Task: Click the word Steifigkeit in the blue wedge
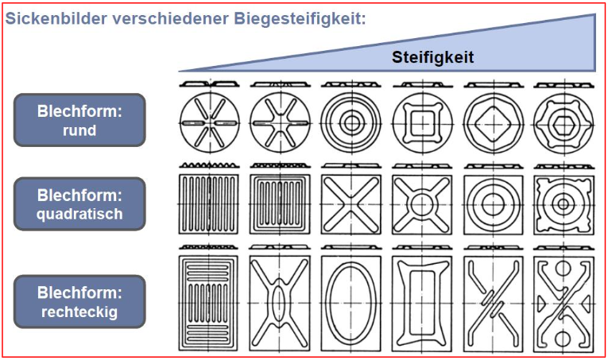432,57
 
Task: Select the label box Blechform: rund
79,120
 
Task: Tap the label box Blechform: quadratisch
79,203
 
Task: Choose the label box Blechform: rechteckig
79,301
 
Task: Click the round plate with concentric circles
350,123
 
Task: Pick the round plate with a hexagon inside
563,123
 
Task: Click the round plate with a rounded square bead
421,123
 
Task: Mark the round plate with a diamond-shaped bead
492,123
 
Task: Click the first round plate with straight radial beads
209,123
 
